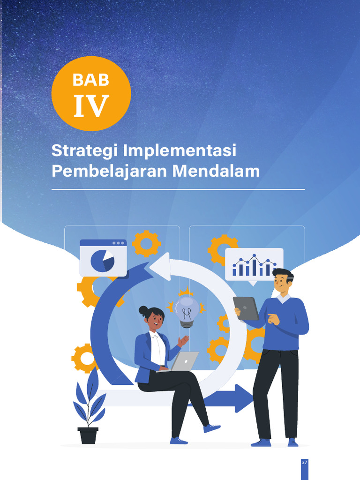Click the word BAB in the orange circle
point(91,80)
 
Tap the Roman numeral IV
point(91,106)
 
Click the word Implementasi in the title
point(180,151)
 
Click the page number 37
point(304,462)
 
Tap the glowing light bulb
point(187,311)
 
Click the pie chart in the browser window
point(102,261)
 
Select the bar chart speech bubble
point(254,265)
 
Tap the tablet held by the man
point(246,308)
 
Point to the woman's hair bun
point(143,310)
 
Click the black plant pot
point(88,435)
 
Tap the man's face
point(281,283)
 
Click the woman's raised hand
point(183,341)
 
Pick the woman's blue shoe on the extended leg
point(212,428)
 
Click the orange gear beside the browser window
point(146,243)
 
